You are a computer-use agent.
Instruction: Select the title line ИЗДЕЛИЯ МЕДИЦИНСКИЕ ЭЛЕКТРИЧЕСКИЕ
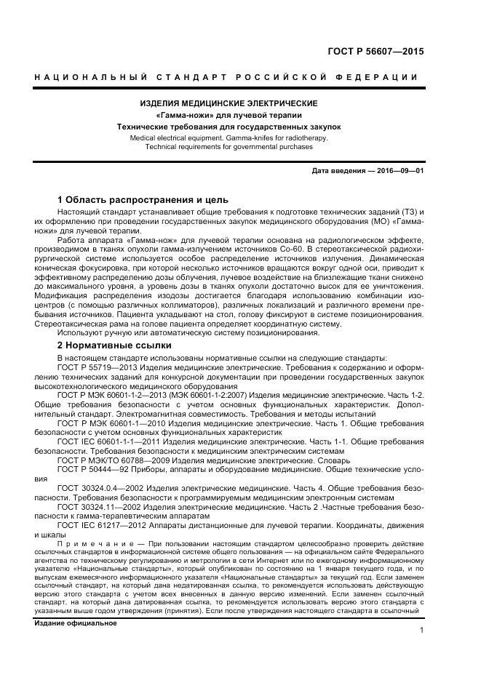coord(228,104)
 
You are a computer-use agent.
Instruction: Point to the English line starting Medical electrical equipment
coord(228,137)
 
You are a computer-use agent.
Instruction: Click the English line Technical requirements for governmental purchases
coord(228,146)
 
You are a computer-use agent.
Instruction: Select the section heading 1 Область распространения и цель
coord(143,199)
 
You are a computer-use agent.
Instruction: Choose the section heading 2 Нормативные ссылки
coord(114,345)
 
